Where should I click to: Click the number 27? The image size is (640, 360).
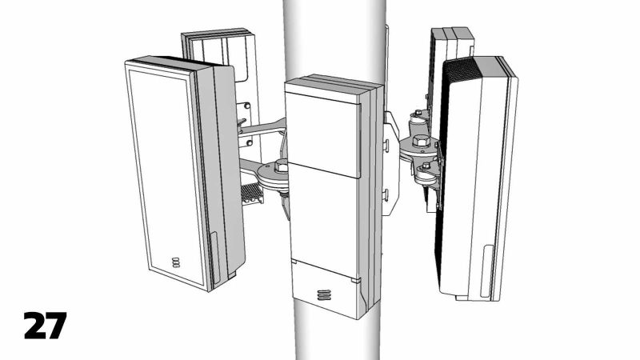point(44,326)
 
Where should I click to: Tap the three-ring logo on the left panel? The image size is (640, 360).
point(176,262)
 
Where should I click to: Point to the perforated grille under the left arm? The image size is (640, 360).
point(251,192)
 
